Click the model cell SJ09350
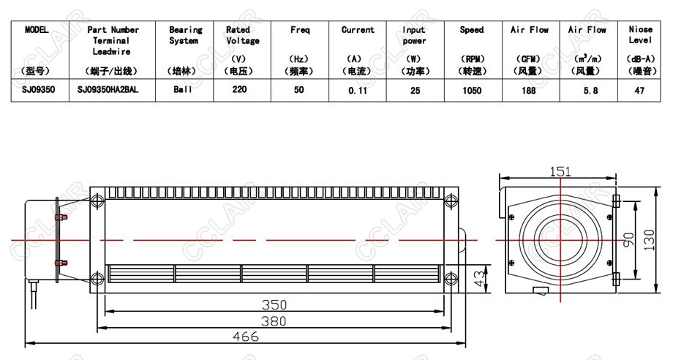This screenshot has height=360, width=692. tap(38, 90)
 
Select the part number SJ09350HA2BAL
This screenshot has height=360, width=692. tap(108, 90)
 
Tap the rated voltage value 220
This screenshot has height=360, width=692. tap(239, 90)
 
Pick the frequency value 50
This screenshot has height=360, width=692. tap(298, 90)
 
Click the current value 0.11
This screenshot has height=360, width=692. tap(358, 91)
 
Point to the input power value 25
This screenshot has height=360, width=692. tap(415, 91)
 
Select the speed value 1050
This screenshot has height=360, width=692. tap(472, 91)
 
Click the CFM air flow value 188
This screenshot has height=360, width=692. tap(528, 91)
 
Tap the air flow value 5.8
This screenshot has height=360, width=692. tap(590, 91)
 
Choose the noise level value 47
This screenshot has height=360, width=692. tap(639, 91)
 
